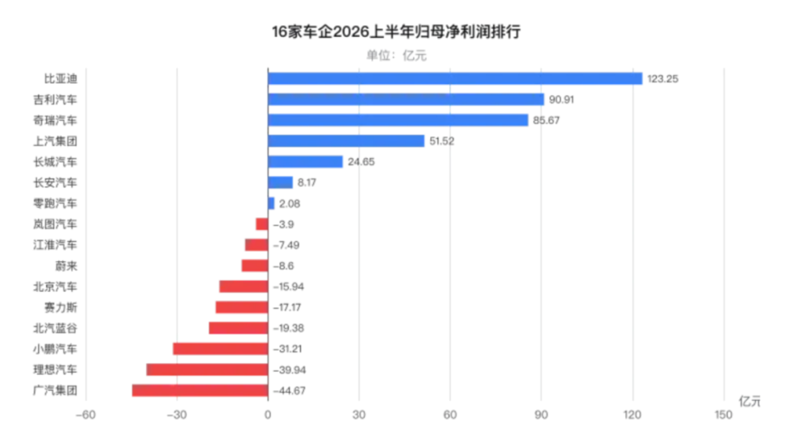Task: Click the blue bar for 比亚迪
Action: (455, 78)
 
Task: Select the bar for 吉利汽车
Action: (406, 100)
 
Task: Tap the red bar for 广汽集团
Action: (200, 390)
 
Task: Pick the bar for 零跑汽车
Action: (271, 203)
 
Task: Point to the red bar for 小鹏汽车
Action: (221, 349)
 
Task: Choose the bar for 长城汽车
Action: (305, 162)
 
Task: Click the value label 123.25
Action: (663, 79)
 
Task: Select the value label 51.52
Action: (442, 141)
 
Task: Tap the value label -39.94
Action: (290, 370)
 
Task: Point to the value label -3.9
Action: (283, 224)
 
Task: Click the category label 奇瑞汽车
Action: (56, 121)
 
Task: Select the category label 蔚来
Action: (67, 266)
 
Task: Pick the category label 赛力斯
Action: (61, 308)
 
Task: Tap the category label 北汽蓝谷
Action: (56, 328)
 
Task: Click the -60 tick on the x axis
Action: (86, 415)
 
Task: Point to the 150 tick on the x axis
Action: (724, 415)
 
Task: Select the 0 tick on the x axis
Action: (268, 415)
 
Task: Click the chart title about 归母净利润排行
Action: (396, 32)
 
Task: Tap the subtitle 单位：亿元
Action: (396, 56)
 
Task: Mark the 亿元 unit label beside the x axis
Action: (750, 401)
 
